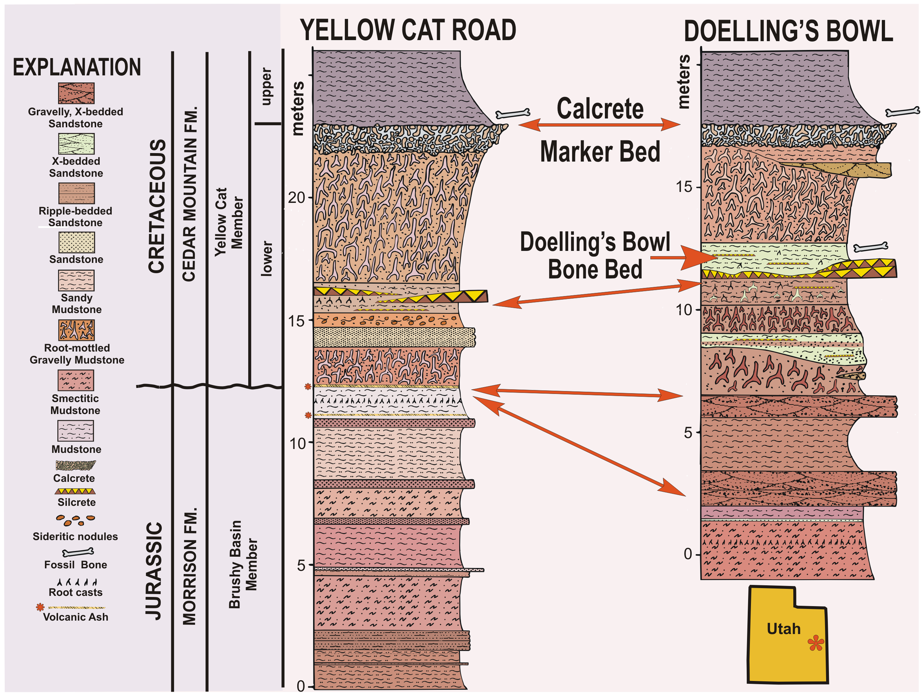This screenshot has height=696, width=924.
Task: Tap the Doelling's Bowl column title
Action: [788, 32]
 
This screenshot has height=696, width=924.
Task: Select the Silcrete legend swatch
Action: [75, 491]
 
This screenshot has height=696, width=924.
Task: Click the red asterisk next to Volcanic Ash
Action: [40, 607]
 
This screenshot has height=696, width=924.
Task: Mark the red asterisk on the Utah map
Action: [815, 643]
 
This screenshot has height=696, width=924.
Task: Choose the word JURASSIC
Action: [154, 571]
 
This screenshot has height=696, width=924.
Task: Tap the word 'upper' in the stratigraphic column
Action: [266, 86]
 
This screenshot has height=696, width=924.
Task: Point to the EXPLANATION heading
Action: [77, 67]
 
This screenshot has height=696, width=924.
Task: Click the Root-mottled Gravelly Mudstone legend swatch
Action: [76, 330]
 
